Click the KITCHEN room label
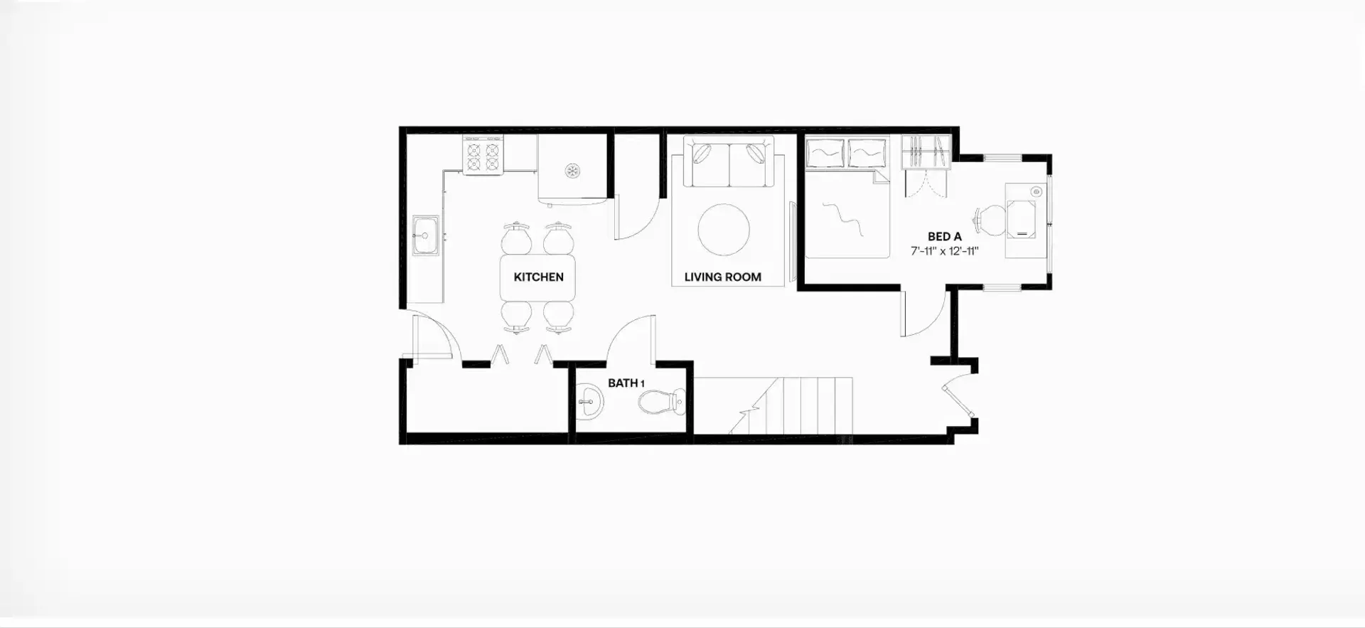pos(538,277)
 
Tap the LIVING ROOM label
pos(722,277)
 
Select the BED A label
pos(944,237)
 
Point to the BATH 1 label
pos(626,383)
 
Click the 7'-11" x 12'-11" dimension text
pos(945,251)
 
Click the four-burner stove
pos(483,156)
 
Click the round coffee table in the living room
pos(724,230)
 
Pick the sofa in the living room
pos(729,162)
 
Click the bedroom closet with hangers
pos(926,152)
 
